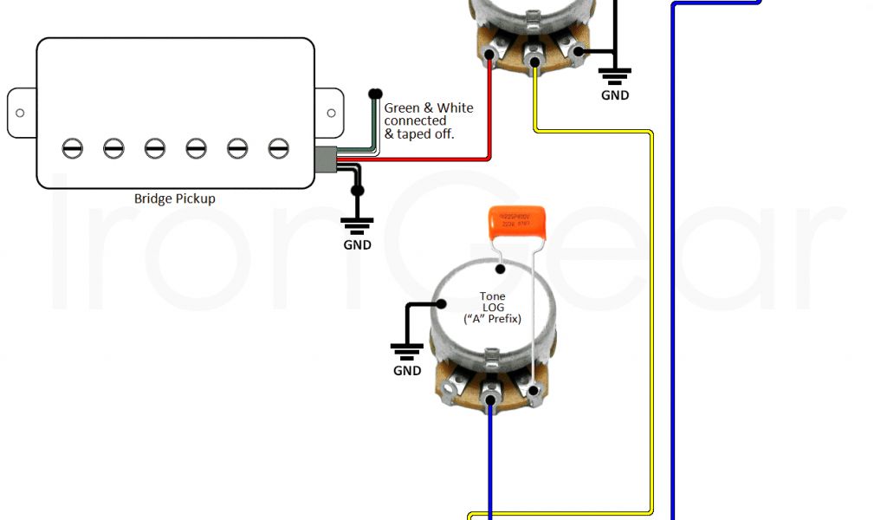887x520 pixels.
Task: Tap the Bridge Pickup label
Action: click(175, 198)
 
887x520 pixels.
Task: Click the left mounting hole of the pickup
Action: click(20, 114)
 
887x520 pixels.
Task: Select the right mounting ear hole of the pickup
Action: click(330, 114)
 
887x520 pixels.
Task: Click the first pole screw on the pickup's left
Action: click(73, 148)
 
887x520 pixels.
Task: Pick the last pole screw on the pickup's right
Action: click(277, 148)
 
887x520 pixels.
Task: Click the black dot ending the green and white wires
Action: click(375, 94)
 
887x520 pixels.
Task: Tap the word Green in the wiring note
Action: click(402, 108)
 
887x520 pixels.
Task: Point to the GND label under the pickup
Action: click(357, 244)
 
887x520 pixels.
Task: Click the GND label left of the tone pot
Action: click(407, 371)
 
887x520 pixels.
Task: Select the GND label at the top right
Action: click(615, 95)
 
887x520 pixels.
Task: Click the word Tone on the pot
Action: click(493, 297)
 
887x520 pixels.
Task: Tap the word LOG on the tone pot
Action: click(493, 309)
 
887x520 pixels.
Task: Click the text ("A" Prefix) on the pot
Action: click(493, 320)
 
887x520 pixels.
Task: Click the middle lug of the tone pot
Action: click(491, 400)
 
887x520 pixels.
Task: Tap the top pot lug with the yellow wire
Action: click(534, 62)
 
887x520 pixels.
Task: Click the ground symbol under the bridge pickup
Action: click(357, 224)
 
